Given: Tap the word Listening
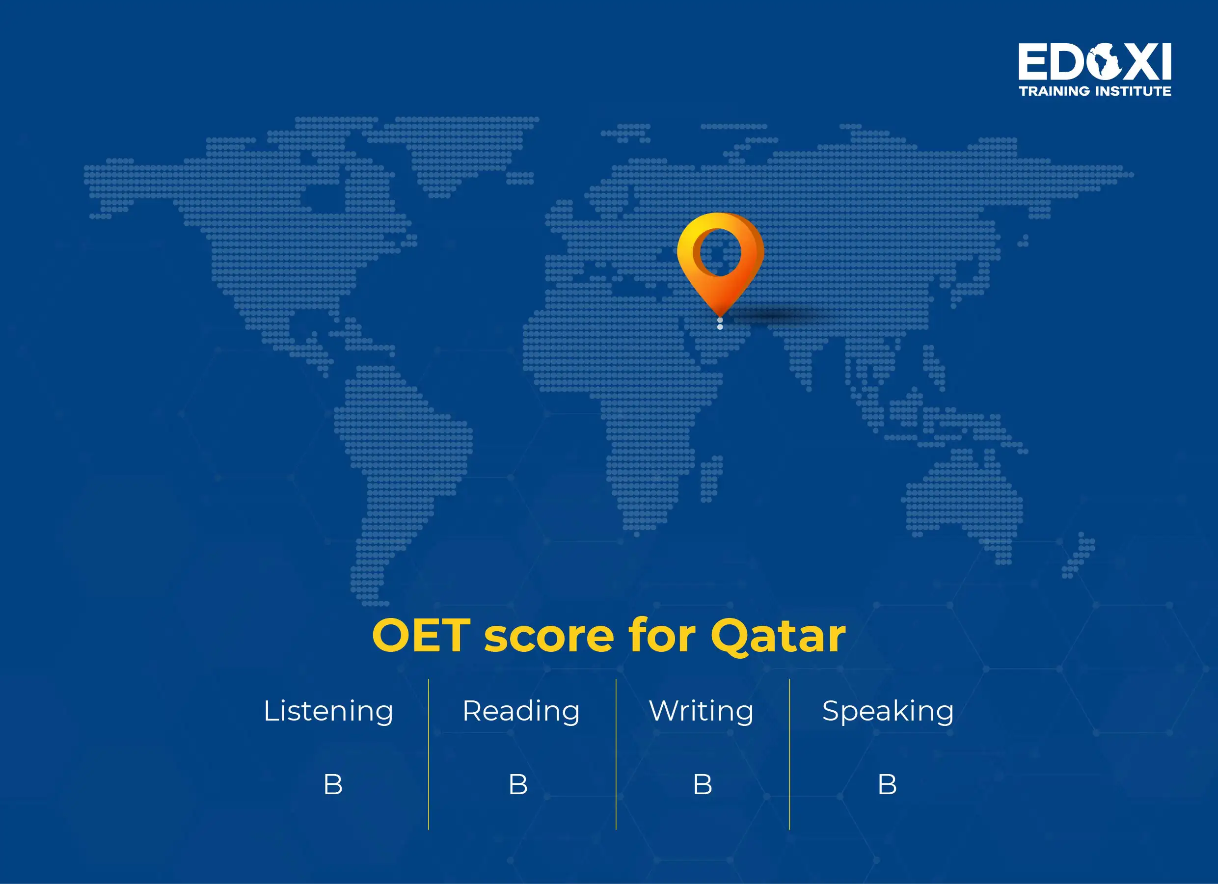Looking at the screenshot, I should point(328,711).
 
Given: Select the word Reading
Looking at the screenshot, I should point(521,711).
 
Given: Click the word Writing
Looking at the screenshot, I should point(701,711).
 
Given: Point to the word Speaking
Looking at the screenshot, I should point(888,711).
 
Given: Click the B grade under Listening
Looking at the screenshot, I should point(332,785).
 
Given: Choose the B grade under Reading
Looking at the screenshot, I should point(518,785).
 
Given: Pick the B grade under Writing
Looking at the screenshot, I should point(703,785).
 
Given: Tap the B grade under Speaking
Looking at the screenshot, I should point(887,785).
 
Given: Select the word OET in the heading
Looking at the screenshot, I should point(421,636).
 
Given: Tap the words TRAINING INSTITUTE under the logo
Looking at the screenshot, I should point(1095,91).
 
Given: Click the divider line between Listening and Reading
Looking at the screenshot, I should point(429,754).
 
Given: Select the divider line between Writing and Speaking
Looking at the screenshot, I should point(789,754).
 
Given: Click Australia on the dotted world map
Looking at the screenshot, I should point(964,500).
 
